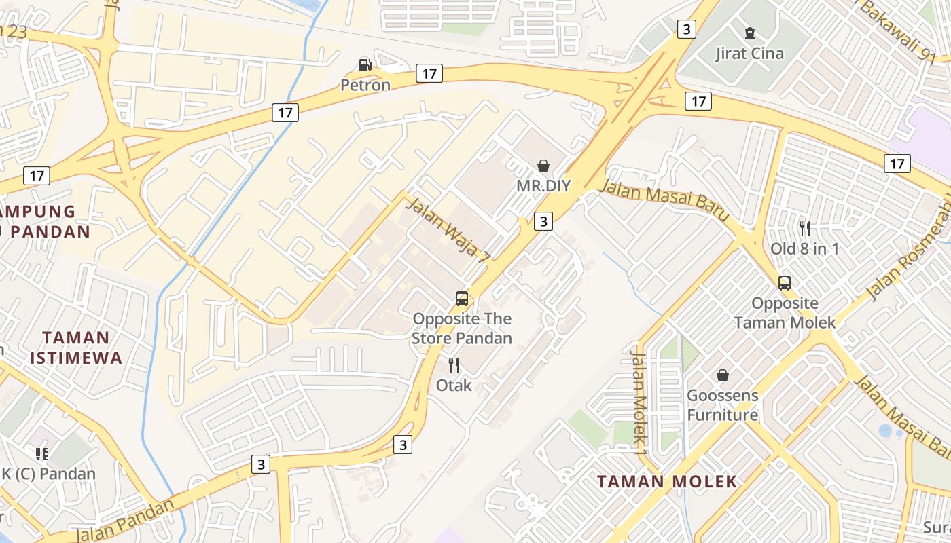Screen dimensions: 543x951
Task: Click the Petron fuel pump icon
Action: [365, 65]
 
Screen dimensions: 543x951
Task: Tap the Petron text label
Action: [365, 85]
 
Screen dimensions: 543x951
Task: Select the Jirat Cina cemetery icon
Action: [750, 33]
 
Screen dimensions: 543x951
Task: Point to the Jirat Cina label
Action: [750, 53]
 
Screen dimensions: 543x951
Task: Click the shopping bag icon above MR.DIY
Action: [543, 165]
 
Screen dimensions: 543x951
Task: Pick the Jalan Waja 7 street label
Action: [448, 229]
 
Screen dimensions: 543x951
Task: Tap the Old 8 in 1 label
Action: [804, 248]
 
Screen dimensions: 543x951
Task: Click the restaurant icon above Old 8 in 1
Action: [805, 228]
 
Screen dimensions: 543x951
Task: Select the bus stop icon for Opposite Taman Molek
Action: [785, 282]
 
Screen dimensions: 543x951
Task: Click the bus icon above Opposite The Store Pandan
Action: [462, 298]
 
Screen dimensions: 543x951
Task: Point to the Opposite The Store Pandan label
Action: [462, 328]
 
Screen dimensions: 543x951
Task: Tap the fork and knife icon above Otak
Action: [454, 365]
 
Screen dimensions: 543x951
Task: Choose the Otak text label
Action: [454, 386]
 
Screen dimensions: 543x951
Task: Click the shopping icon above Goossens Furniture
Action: [723, 375]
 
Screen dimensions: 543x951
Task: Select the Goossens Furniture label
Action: [723, 405]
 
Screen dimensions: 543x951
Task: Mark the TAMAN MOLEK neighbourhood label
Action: [667, 482]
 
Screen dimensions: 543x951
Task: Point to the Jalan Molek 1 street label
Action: [639, 397]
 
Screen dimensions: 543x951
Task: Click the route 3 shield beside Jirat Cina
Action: [687, 29]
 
